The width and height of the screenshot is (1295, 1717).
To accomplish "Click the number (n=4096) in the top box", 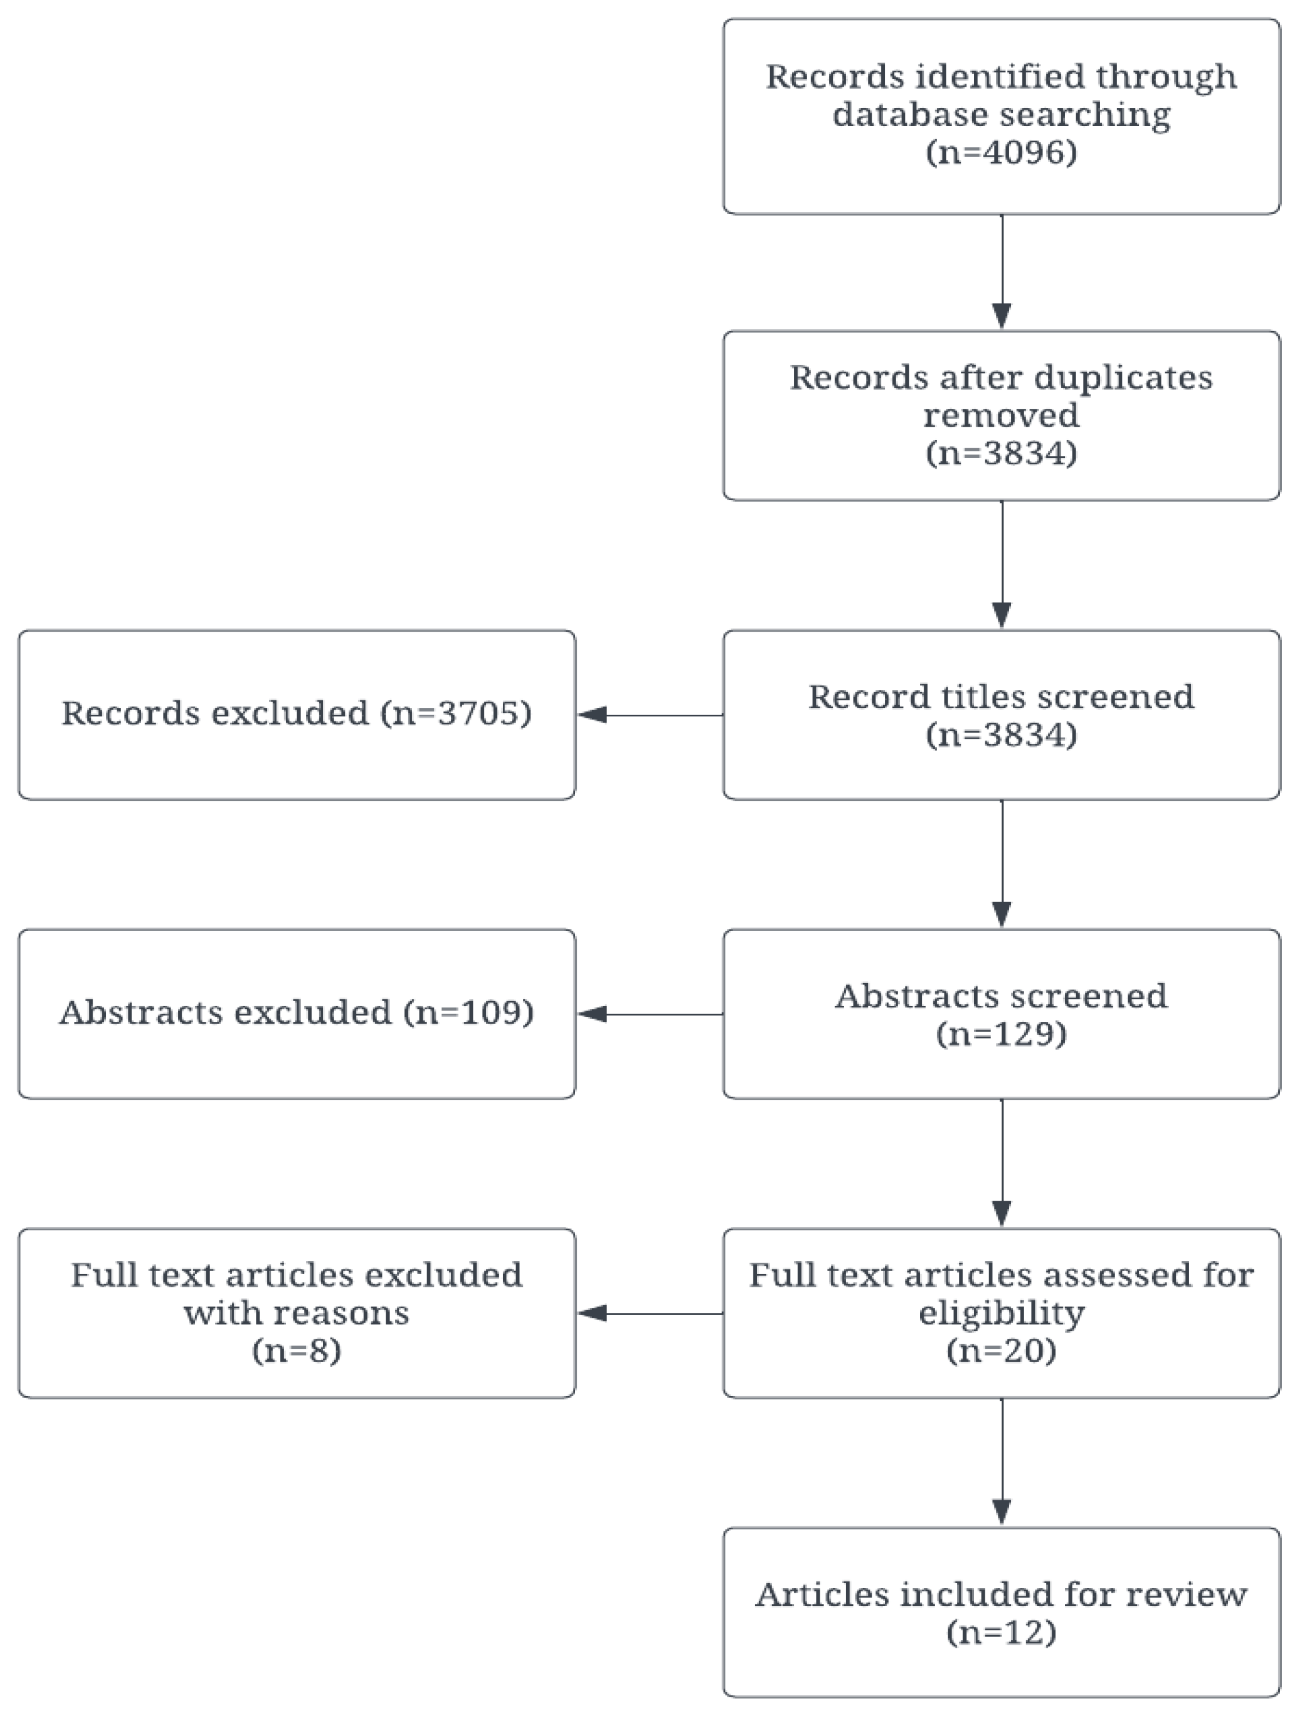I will point(1001,153).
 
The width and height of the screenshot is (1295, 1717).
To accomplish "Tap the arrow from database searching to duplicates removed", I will point(1001,272).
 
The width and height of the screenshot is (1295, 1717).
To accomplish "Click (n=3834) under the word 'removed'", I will point(1001,454).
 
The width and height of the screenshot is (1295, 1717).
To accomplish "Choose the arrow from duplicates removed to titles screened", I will point(1001,564).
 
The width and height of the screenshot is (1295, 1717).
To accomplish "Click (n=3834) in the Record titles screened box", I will point(1001,735).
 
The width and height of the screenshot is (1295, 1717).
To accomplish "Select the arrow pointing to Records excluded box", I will point(650,715).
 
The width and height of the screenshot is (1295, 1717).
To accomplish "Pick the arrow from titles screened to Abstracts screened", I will point(1001,863).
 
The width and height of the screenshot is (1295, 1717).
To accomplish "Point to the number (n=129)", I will point(1001,1034).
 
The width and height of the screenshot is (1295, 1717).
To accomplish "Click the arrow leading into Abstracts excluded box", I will point(650,1014).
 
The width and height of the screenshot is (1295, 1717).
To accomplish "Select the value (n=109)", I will point(469,1012).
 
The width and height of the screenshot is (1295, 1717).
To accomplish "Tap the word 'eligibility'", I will point(1001,1314).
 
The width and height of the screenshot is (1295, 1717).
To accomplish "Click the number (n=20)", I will point(1001,1351).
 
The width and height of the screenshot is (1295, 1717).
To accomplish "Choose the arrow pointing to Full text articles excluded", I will point(650,1314).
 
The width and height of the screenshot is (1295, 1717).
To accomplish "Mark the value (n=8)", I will point(297,1351).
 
